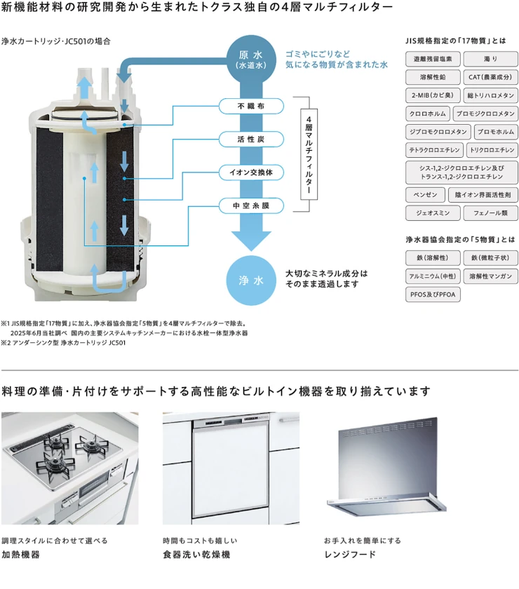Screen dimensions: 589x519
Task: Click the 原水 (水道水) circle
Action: [x=250, y=59]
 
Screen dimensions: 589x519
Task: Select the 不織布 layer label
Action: [x=250, y=106]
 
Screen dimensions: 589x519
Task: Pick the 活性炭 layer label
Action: [x=250, y=139]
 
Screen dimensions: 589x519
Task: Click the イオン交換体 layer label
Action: [x=250, y=172]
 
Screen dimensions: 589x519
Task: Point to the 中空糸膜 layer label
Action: [x=250, y=205]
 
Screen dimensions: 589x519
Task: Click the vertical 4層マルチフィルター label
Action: [x=309, y=155]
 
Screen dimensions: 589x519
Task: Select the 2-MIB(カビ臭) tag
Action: [x=432, y=95]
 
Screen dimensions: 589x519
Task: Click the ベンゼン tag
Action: [x=424, y=194]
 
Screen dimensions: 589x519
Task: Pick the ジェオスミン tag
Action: [x=432, y=212]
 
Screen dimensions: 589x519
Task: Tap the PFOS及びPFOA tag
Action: [x=433, y=294]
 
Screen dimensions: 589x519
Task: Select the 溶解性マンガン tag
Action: [x=490, y=276]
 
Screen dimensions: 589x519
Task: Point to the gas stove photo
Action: [x=69, y=468]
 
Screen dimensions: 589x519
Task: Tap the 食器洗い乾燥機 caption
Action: [x=196, y=555]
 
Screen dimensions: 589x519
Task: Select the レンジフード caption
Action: [x=350, y=555]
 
